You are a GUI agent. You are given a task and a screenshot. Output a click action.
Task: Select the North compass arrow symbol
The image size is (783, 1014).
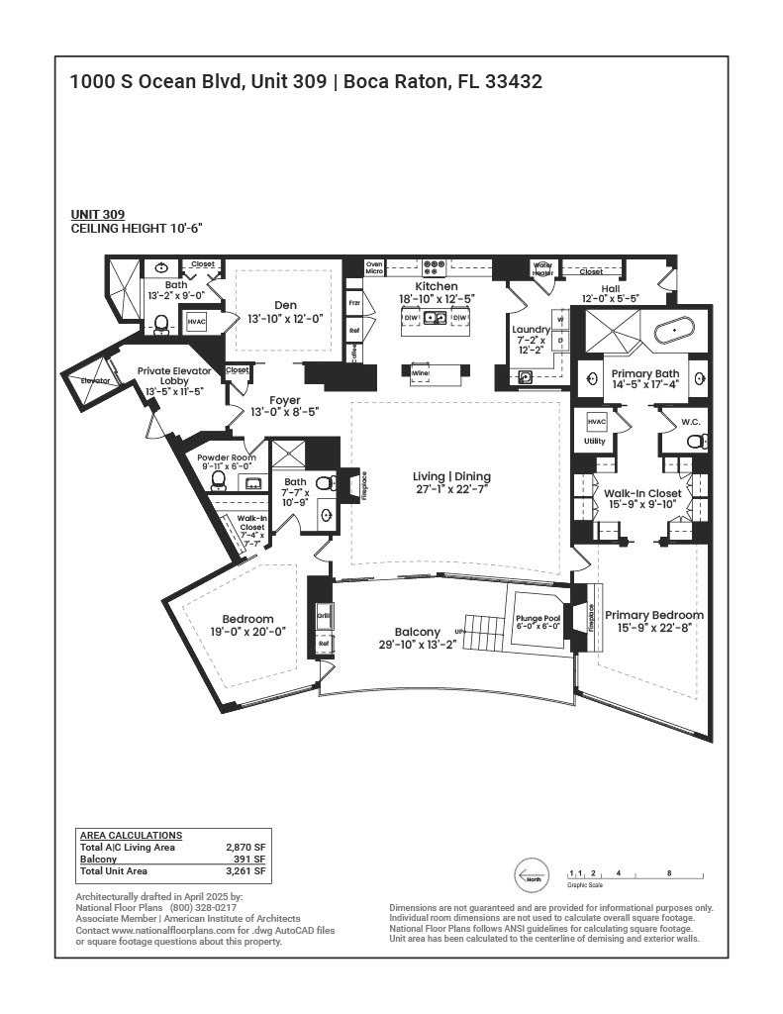tap(531, 876)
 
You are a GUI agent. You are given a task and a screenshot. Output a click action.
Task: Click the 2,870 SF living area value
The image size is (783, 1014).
tap(245, 848)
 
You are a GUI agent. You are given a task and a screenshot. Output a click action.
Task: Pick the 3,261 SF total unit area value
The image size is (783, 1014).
tap(245, 872)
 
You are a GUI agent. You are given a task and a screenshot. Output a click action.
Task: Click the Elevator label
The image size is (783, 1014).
tap(96, 380)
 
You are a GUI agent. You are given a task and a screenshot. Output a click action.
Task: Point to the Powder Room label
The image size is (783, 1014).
tap(227, 457)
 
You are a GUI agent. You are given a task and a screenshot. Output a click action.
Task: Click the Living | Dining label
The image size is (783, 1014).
tap(451, 477)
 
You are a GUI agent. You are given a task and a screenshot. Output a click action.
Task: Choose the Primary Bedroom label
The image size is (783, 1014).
tap(654, 614)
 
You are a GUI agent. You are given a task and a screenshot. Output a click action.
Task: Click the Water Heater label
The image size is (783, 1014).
tap(542, 268)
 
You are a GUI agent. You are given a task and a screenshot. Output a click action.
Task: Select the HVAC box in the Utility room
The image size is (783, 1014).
tap(596, 421)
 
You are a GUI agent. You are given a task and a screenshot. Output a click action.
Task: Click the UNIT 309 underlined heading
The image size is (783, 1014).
tap(97, 214)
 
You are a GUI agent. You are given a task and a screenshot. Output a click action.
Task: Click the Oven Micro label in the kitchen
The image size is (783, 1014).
tap(374, 267)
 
